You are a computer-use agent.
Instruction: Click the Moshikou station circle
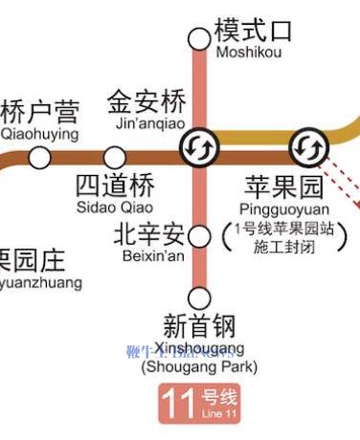[199, 38]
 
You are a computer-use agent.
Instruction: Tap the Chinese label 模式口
[253, 29]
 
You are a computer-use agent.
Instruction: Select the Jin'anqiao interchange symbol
[201, 146]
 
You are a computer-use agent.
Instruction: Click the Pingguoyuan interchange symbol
[308, 146]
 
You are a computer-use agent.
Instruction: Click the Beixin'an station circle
[199, 235]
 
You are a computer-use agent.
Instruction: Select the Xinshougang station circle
[199, 297]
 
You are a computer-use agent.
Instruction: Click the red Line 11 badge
[200, 404]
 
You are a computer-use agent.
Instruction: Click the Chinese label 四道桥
[114, 185]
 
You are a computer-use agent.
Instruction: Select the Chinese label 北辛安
[148, 233]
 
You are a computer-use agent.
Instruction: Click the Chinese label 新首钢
[199, 325]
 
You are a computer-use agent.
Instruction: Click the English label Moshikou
[249, 53]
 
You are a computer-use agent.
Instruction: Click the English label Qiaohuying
[39, 135]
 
